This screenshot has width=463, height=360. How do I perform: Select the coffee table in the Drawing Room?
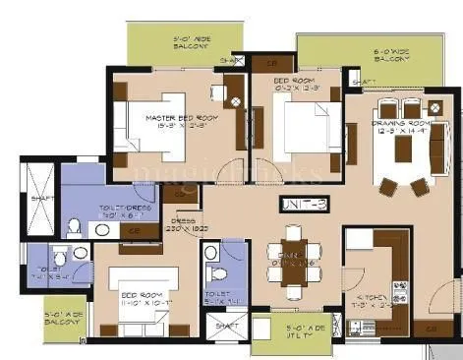click(x=403, y=148)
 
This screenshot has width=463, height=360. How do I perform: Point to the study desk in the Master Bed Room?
click(x=218, y=93)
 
